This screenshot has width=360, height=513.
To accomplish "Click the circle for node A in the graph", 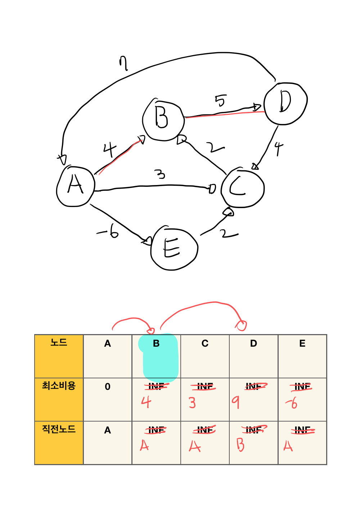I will pos(76,186).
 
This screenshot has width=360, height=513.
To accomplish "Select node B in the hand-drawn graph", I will pos(163,119).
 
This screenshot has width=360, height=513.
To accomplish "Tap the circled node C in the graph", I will pos(243,187).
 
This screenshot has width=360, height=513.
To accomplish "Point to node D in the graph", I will pos(285,103).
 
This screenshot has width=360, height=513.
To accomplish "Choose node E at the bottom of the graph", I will pos(174,249).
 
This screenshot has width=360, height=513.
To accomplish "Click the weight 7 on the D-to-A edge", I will pos(123,64).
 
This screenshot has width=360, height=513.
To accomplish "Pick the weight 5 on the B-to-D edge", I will pos(221,100).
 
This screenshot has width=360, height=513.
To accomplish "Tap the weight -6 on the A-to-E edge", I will pos(109,231).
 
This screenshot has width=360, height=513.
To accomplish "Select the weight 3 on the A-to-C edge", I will pos(160,174).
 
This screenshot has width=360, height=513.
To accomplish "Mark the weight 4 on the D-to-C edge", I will pos(278,148).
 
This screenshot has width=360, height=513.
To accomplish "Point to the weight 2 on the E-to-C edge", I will pos(229,234).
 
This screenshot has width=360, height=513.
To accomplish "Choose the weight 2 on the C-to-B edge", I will pos(215,147).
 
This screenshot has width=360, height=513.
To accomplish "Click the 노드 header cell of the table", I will pos(59,342).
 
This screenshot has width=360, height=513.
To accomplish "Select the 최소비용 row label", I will pos(59,386).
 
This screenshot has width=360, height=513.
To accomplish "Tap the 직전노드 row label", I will pos(59,429).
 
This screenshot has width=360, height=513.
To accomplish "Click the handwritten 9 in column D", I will pos(236,402).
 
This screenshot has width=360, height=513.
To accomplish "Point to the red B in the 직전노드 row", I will pos(240,445).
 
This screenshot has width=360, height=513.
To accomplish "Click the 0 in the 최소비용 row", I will pos(107,387).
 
